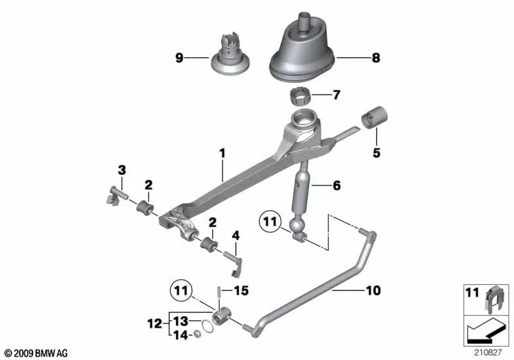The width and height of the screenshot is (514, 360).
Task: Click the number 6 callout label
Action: pos(337,186)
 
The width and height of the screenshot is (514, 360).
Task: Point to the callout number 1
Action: pos(222,153)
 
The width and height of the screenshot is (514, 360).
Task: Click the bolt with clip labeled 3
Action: pos(117,197)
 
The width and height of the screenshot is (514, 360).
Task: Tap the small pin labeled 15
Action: pos(218,291)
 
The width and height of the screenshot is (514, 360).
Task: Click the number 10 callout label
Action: pos(373,291)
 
